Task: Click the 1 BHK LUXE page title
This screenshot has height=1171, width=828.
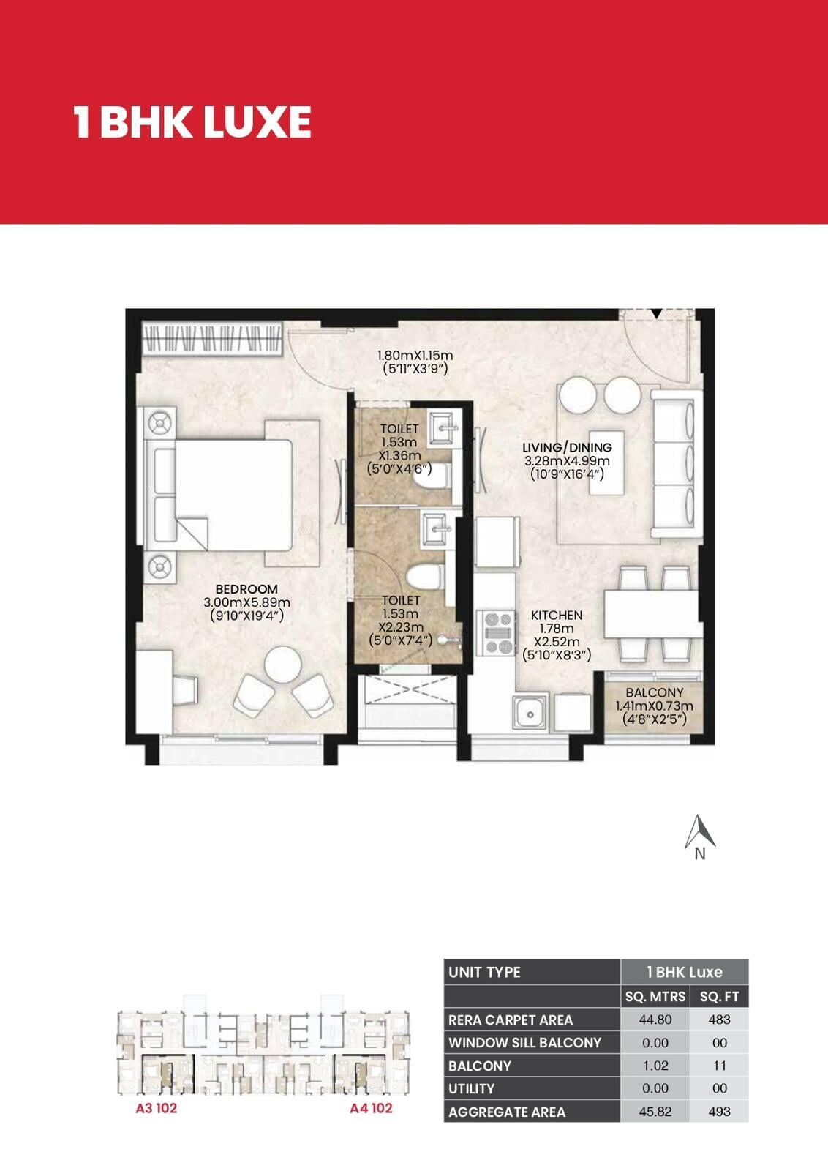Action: point(192,121)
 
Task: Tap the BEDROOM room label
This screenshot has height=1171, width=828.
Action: point(246,589)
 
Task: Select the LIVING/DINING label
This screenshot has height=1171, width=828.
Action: point(568,447)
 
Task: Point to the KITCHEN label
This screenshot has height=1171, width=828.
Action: point(557,616)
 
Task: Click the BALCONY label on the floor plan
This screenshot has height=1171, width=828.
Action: point(655,692)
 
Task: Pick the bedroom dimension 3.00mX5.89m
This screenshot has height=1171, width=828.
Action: point(246,602)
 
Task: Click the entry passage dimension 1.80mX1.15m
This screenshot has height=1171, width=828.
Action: point(415,356)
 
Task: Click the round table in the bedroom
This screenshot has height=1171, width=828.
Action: point(282,665)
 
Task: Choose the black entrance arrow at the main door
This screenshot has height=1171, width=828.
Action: point(657,314)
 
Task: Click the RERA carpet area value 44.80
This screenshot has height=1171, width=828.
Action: point(655,1020)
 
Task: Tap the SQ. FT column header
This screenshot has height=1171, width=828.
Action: point(719,997)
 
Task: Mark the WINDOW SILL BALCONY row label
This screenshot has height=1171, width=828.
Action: point(525,1043)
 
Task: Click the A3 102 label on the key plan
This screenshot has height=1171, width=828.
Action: point(157,1108)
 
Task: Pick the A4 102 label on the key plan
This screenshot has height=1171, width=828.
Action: point(371,1108)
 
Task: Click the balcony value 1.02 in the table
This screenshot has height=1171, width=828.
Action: point(655,1066)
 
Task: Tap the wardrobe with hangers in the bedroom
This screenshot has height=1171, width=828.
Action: point(212,339)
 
